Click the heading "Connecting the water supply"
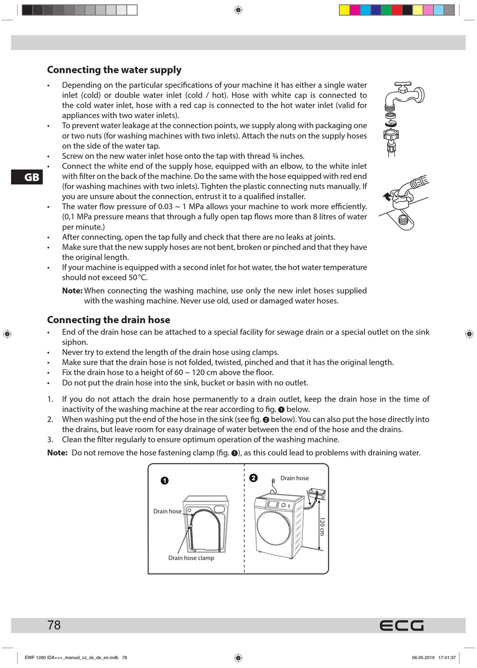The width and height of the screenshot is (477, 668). coord(114,70)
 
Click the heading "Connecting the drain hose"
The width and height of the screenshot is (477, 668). coord(108,320)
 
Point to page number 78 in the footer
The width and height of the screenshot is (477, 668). coord(54,625)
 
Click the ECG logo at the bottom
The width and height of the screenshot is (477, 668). coord(401,625)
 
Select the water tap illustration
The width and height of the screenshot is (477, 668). coord(403,96)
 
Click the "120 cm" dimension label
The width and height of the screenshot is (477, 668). coord(322,526)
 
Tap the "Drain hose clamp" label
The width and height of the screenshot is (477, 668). coord(191,558)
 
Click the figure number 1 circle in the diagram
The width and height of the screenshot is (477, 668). coord(165,481)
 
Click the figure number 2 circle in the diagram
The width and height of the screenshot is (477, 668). coord(254,478)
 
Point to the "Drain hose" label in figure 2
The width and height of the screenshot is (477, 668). coord(294,478)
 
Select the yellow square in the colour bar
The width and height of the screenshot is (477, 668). coord(344,10)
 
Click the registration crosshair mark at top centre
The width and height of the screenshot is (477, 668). coord(238,10)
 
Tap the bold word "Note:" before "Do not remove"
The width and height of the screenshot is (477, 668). coord(57,452)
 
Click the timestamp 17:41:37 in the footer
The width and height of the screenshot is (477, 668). coord(447,657)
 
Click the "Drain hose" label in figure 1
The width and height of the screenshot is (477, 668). coord(167,511)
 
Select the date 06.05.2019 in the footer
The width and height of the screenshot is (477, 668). coord(423,657)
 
